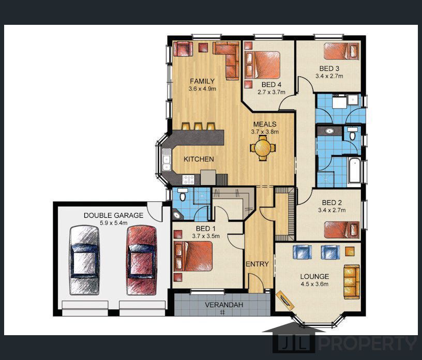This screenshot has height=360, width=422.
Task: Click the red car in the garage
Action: [x=142, y=260]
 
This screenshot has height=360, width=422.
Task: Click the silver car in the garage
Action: [x=85, y=260]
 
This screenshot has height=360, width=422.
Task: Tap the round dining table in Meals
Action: [x=263, y=148]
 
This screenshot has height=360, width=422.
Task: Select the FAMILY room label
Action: [x=202, y=81]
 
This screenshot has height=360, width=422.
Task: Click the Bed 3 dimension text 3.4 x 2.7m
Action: [x=329, y=76]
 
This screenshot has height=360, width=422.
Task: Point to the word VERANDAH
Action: [x=224, y=305]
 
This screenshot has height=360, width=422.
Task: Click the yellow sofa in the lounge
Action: [x=352, y=282]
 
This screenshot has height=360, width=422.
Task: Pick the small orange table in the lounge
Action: [x=350, y=251]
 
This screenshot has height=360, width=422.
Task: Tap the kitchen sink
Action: [x=167, y=160]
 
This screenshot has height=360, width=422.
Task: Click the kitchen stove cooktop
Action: [x=188, y=179]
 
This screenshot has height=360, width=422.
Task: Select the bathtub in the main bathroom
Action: [x=354, y=171]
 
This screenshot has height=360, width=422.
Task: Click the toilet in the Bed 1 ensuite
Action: [x=183, y=194]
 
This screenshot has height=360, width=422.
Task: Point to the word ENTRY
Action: [x=257, y=264]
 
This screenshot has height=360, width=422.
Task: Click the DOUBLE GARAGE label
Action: [x=113, y=215]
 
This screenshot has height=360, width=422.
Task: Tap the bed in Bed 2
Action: [x=341, y=230]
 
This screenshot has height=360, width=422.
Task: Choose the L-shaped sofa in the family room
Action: [x=227, y=60]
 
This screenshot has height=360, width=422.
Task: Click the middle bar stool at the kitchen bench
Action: [x=199, y=126]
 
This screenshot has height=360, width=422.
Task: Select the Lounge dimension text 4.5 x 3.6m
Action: [x=314, y=284]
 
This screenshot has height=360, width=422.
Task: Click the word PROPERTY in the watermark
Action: [x=368, y=343]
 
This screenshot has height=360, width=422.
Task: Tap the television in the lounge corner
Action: [x=285, y=300]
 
